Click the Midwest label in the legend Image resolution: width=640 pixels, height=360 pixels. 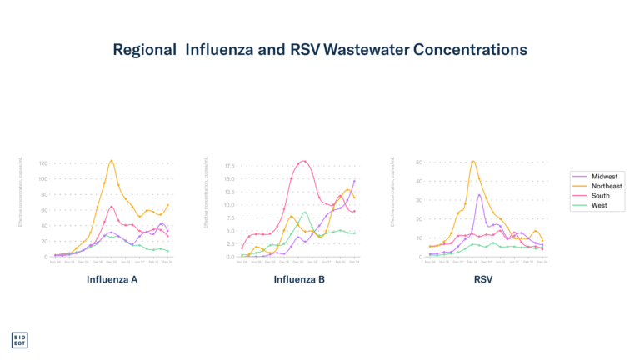(604, 177)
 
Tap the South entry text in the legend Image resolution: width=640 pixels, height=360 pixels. (601, 196)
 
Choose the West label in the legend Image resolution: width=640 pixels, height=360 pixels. (600, 205)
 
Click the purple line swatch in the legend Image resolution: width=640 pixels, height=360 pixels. (581, 177)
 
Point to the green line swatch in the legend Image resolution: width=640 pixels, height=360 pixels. (581, 205)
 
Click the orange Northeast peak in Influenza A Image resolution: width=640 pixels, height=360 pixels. (112, 160)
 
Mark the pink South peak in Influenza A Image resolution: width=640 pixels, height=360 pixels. (112, 206)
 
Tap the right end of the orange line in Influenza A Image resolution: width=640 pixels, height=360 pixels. (168, 204)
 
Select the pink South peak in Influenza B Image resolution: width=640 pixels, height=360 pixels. (303, 161)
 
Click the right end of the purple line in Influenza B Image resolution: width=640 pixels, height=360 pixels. (356, 178)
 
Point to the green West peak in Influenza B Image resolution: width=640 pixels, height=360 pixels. (305, 212)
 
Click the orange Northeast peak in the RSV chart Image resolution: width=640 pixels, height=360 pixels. (473, 161)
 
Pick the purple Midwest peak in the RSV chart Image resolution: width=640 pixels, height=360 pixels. (478, 195)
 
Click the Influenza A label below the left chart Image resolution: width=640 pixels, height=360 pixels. (112, 279)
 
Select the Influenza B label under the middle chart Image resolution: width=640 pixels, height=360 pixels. (299, 279)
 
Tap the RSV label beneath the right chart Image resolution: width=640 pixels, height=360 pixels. (483, 279)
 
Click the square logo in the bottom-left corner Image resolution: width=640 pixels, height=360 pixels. (19, 339)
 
